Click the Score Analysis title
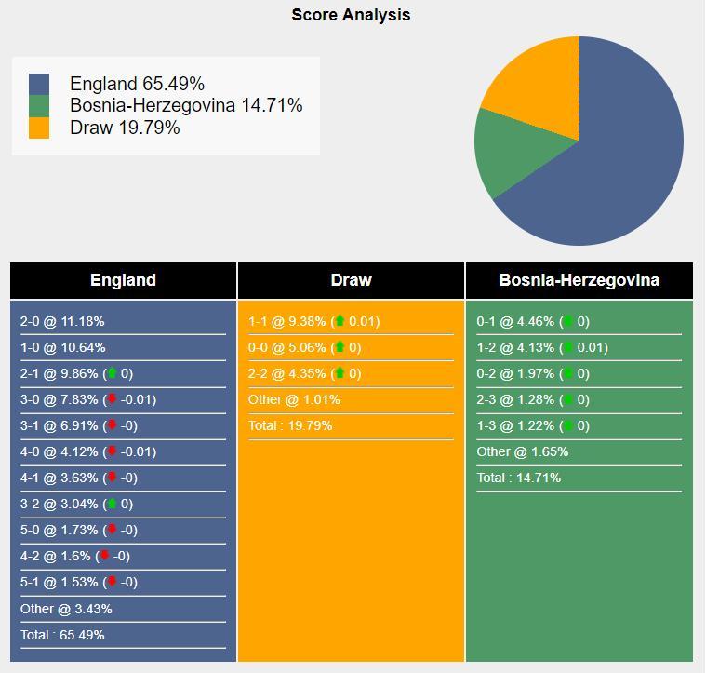(x=351, y=15)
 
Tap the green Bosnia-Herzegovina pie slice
(x=512, y=154)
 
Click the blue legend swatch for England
(x=39, y=84)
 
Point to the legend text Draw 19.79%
(x=125, y=128)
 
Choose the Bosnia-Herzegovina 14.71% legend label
(x=186, y=106)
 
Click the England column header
(x=123, y=280)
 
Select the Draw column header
(x=351, y=280)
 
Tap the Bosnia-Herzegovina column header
(x=579, y=280)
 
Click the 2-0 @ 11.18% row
(x=62, y=322)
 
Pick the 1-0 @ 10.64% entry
(x=62, y=348)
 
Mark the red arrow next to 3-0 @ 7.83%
(x=113, y=400)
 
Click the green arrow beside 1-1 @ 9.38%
(x=340, y=322)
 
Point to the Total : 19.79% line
(x=290, y=426)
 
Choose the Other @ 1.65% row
(x=522, y=452)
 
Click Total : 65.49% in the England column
(x=62, y=635)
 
